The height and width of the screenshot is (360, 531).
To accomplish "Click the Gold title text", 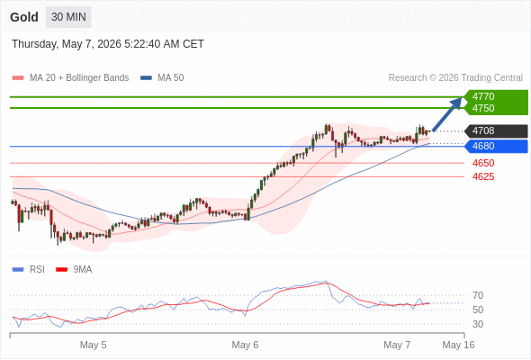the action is click(24, 17).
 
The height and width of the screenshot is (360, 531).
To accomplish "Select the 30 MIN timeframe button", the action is click(68, 17).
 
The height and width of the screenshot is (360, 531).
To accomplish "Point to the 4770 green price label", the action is click(483, 96).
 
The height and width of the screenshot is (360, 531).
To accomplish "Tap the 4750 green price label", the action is click(483, 108).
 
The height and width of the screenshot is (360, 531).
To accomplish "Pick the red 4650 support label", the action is click(483, 163).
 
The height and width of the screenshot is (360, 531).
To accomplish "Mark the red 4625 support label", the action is click(483, 176).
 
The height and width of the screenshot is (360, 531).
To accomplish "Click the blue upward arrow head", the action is click(457, 103).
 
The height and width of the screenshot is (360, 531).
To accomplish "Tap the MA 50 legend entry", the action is click(162, 78).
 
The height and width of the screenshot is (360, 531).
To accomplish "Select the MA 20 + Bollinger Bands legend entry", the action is click(70, 78).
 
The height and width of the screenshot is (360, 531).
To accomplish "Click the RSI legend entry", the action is click(29, 269).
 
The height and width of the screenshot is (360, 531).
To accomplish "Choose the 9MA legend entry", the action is click(74, 269).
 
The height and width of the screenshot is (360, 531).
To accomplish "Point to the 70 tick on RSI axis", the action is click(478, 295).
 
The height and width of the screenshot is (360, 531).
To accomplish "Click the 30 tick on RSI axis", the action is click(478, 324).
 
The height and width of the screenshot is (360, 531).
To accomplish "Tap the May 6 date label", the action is click(245, 345).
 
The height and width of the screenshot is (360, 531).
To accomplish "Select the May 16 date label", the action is click(458, 345).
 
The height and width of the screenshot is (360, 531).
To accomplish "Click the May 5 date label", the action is click(93, 345).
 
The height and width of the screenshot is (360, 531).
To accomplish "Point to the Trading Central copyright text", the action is click(455, 78).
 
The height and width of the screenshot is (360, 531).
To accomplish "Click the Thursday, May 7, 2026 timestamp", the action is click(108, 44).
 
